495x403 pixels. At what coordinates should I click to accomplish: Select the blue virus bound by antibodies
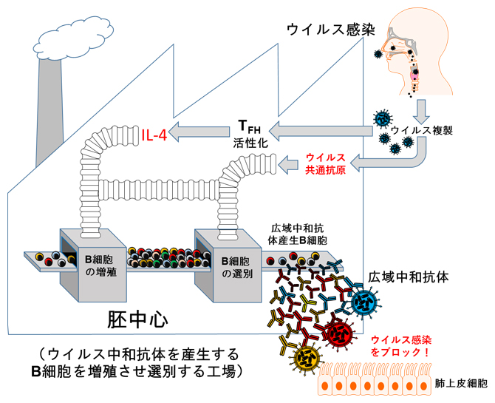[365, 301]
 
